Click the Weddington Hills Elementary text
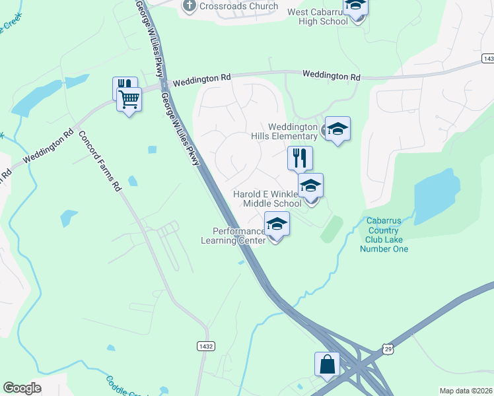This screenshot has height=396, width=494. pyautogui.click(x=293, y=131)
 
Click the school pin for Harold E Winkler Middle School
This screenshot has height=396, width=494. pyautogui.click(x=310, y=187)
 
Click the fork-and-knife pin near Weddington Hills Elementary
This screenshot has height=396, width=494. pyautogui.click(x=300, y=158)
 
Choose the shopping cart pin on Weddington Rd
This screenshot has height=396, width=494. pyautogui.click(x=129, y=100)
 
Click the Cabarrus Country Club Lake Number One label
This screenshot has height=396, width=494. pyautogui.click(x=384, y=236)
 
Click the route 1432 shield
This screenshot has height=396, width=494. pyautogui.click(x=205, y=346)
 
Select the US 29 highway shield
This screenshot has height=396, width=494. pyautogui.click(x=388, y=347)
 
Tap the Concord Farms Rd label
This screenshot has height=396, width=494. pyautogui.click(x=100, y=160)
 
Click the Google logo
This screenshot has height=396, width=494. pyautogui.click(x=22, y=388)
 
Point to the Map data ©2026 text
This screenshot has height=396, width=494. pyautogui.click(x=466, y=391)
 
